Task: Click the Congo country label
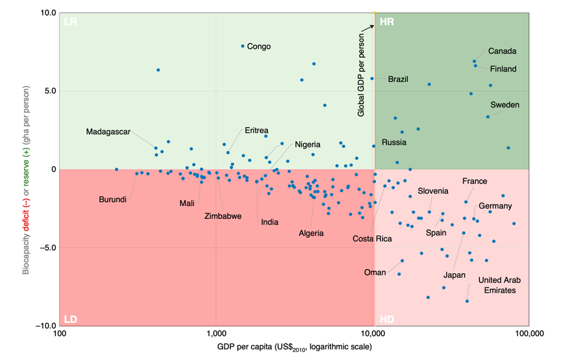[259, 46]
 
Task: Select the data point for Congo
[243, 46]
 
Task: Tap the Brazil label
[398, 79]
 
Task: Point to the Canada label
[502, 51]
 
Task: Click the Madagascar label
[108, 132]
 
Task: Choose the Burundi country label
[112, 199]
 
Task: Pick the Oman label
[375, 273]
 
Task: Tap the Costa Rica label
[372, 239]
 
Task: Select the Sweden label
[505, 105]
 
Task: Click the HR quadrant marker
[387, 22]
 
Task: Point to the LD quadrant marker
[71, 319]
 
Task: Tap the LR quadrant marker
[71, 22]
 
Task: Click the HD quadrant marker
[387, 319]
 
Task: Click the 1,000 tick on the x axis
[216, 333]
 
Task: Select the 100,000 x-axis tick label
[528, 333]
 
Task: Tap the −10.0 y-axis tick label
[45, 326]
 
